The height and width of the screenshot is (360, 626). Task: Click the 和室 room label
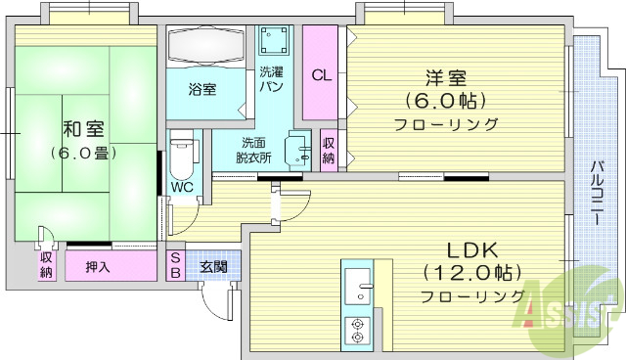(x=84, y=129)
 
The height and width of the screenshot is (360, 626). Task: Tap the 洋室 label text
(x=446, y=76)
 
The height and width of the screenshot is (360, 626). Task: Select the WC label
(x=182, y=186)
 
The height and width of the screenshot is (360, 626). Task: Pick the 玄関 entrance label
(x=213, y=265)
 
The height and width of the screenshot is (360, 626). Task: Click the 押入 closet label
(x=97, y=266)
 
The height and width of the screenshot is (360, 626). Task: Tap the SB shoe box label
(x=175, y=265)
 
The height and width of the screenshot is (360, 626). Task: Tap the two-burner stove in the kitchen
(x=357, y=331)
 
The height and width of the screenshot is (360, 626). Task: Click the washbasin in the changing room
(x=297, y=149)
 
